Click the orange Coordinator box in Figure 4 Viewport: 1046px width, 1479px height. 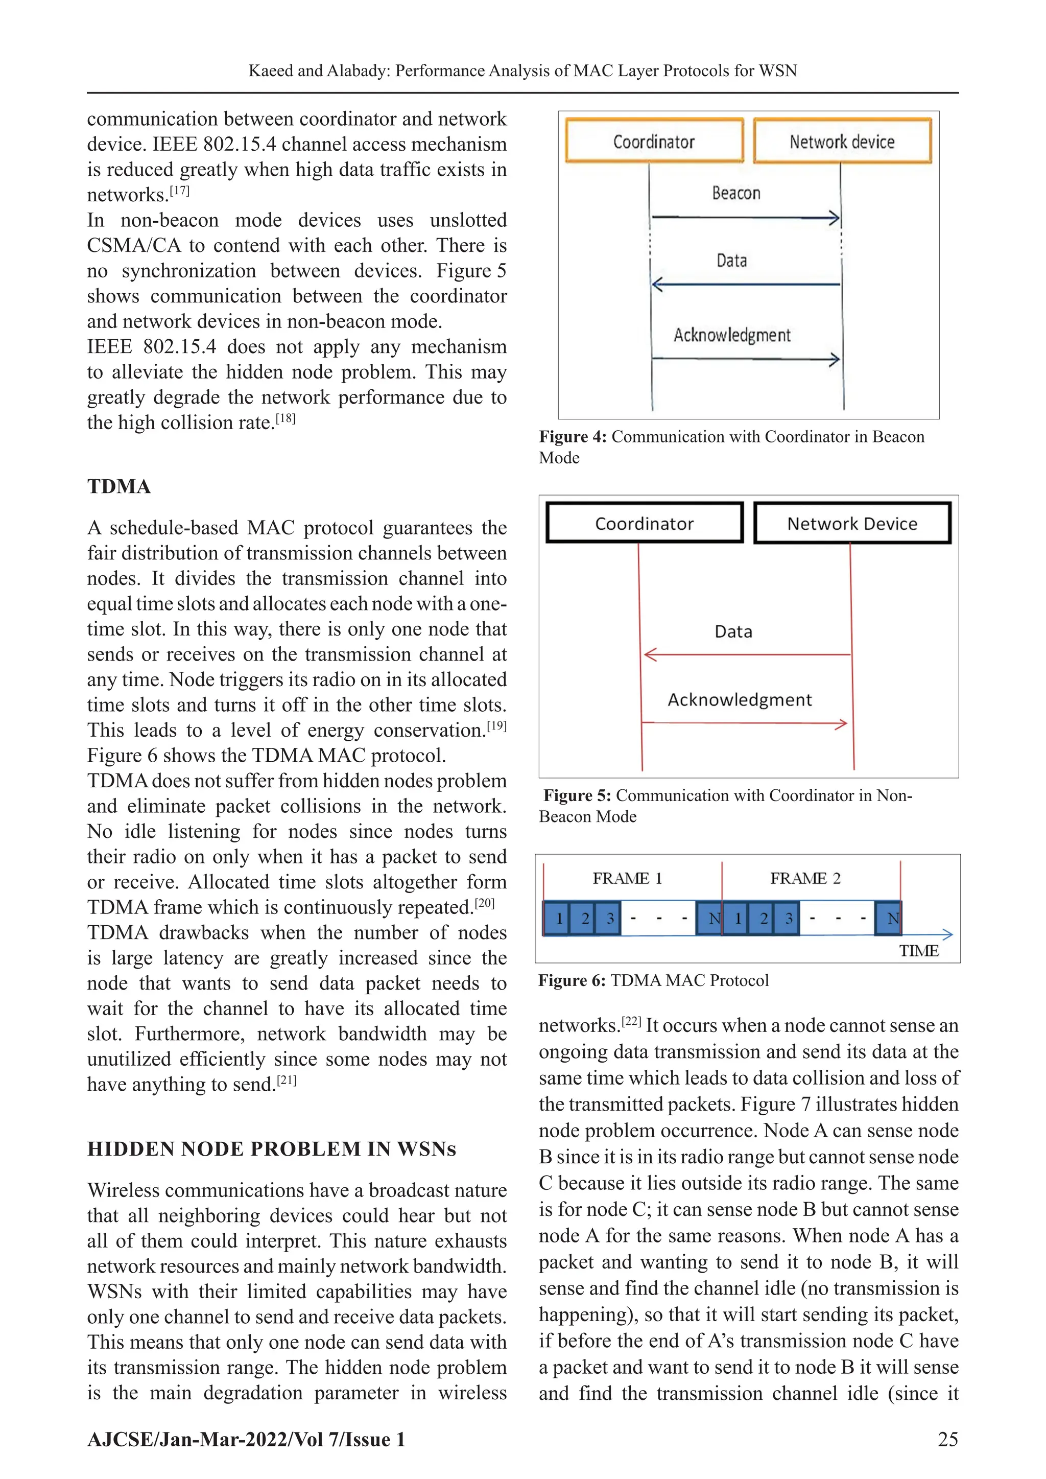tap(654, 140)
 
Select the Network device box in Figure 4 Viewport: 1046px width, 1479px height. tap(842, 140)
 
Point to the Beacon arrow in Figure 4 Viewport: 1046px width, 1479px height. tap(745, 218)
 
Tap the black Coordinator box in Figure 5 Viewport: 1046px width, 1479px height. tap(644, 523)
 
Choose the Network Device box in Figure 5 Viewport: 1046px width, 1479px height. tap(851, 523)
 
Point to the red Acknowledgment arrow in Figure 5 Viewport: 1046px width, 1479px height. tap(745, 723)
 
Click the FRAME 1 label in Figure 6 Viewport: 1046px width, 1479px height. tap(627, 879)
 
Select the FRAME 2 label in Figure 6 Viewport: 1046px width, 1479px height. tap(805, 879)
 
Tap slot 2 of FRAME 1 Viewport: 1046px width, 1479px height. tap(585, 918)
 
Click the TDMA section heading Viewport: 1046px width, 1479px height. tap(119, 486)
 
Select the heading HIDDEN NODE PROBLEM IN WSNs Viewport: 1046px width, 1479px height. tap(271, 1149)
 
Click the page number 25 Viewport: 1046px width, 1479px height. tap(947, 1440)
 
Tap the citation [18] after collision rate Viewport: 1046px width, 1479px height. tap(286, 419)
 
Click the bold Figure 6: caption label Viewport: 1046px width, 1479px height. tap(572, 980)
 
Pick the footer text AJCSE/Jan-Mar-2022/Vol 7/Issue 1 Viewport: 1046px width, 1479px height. tap(246, 1440)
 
